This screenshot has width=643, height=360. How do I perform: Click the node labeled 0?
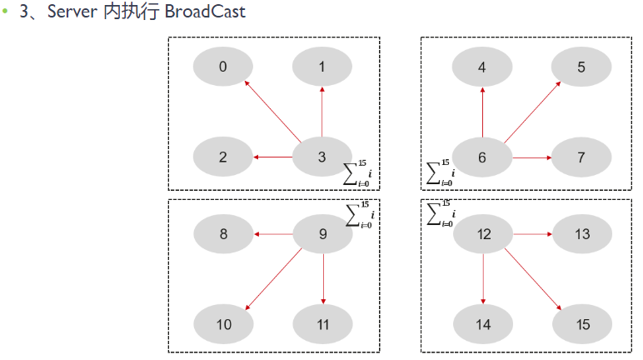[223, 67]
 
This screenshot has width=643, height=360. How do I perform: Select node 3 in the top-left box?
[322, 157]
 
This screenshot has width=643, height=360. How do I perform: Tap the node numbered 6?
[482, 157]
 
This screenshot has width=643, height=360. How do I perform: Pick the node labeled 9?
[323, 234]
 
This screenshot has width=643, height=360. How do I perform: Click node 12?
[483, 234]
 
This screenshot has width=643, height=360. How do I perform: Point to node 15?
[582, 324]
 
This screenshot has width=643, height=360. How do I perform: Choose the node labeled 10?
[223, 324]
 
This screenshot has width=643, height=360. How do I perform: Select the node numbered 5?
[581, 67]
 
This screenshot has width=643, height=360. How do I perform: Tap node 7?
[581, 157]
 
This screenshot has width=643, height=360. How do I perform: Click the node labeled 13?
[582, 234]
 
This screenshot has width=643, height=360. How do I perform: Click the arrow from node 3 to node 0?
[272, 111]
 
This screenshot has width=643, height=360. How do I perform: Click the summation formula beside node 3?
[359, 172]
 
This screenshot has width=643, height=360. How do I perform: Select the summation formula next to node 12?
[441, 212]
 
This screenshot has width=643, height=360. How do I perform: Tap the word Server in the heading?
[73, 13]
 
